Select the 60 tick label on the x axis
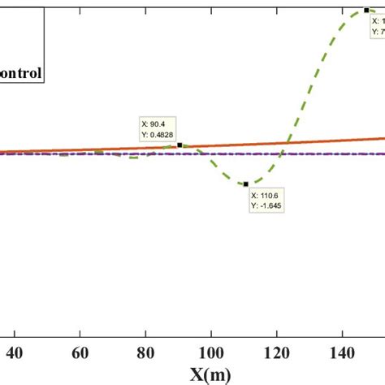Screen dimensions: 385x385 tap(80, 354)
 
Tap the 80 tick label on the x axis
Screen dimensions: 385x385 tap(145, 354)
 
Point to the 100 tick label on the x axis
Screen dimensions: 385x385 tap(210, 354)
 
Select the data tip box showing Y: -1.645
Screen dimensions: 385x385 tap(267, 200)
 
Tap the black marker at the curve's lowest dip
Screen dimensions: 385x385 tap(245, 184)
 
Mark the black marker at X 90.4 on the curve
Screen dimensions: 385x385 tap(180, 145)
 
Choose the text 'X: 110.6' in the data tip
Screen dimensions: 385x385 tap(266, 195)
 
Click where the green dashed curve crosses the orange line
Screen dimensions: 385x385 tap(285, 144)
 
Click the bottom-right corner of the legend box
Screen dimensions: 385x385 tap(44, 84)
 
